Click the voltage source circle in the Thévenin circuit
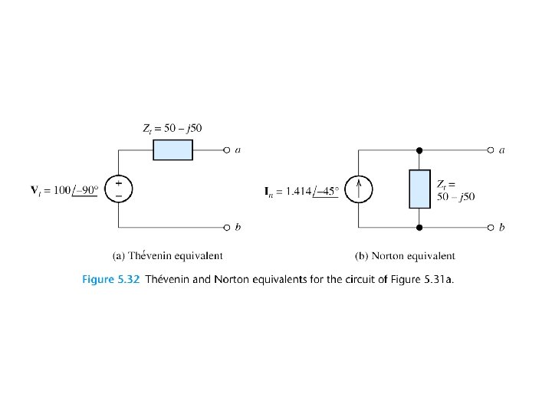(x=119, y=189)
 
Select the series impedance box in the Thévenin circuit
(x=172, y=149)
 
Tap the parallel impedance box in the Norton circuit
(x=419, y=189)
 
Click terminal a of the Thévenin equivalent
(x=227, y=149)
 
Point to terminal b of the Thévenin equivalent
(x=227, y=228)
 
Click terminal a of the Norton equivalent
(x=491, y=149)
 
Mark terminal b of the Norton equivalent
(x=491, y=228)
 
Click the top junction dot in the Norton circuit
(x=419, y=149)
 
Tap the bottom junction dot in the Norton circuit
(x=419, y=228)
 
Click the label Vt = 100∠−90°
(x=64, y=189)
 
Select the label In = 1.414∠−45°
(x=302, y=191)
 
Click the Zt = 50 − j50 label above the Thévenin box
(x=172, y=127)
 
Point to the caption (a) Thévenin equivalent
(x=167, y=255)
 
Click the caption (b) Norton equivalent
(x=405, y=255)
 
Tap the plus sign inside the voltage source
(x=119, y=184)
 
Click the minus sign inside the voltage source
(x=119, y=195)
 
